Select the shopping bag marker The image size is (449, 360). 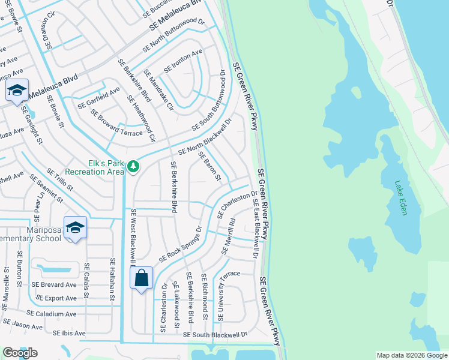click(x=142, y=279)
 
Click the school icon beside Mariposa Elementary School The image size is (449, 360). click(x=75, y=228)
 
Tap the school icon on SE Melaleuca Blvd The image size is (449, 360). click(x=17, y=91)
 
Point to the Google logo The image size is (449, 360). click(x=20, y=353)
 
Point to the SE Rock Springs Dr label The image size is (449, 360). click(x=179, y=245)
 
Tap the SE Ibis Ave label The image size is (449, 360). click(x=70, y=333)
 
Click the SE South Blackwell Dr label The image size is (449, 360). click(x=215, y=334)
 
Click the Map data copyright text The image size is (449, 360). click(x=412, y=355)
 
